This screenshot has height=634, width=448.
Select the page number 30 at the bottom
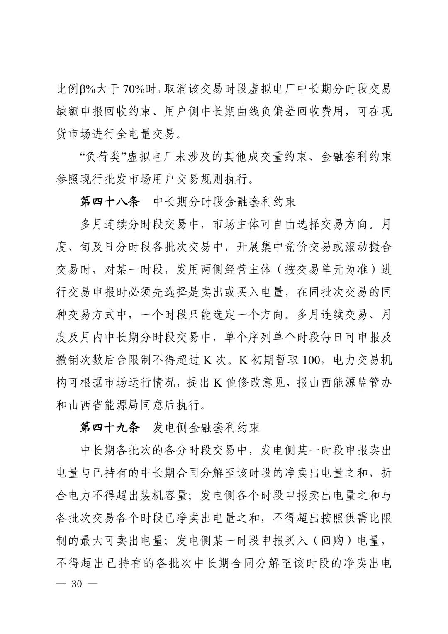tap(78, 584)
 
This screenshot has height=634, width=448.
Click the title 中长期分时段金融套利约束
tap(224, 202)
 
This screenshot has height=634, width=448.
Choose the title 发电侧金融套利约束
tap(206, 427)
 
